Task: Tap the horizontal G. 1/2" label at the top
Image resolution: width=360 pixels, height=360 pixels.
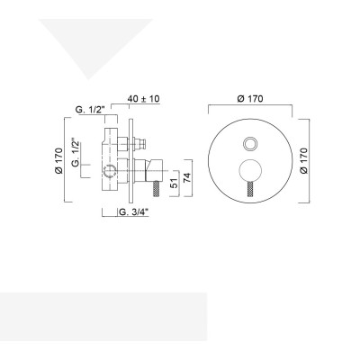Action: coord(92,110)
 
